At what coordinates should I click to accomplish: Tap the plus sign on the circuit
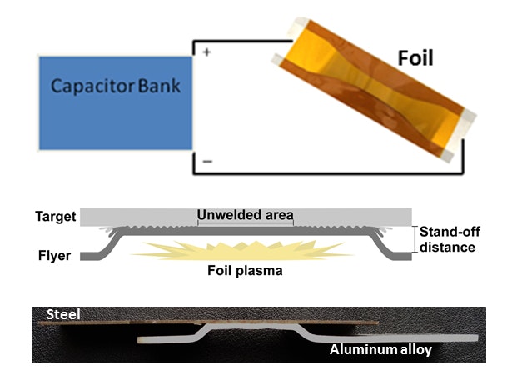click(206, 51)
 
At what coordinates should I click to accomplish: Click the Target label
click(55, 217)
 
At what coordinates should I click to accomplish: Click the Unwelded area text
click(246, 214)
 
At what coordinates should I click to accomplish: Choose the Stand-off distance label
click(448, 239)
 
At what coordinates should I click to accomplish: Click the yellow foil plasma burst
click(241, 249)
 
